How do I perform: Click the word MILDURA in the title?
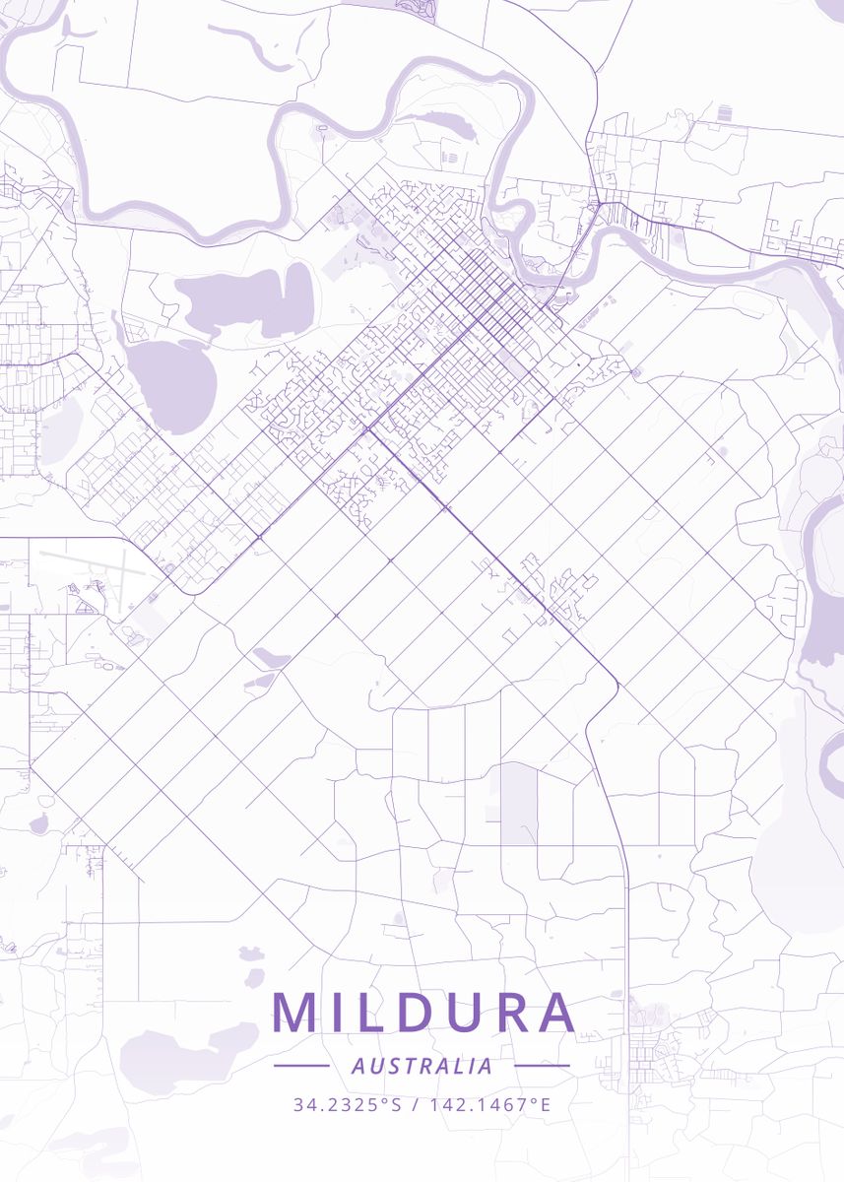(x=423, y=1013)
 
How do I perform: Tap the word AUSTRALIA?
(x=422, y=1066)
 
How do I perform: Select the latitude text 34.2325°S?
(x=347, y=1104)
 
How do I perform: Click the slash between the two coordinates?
(x=415, y=1104)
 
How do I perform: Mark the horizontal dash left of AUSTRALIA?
(x=301, y=1066)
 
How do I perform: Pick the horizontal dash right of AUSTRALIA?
(x=542, y=1066)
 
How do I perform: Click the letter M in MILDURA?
(x=292, y=1013)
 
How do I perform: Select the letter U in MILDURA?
(x=461, y=1013)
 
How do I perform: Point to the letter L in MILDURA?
(x=372, y=1013)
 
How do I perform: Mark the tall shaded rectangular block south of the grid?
(x=519, y=804)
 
